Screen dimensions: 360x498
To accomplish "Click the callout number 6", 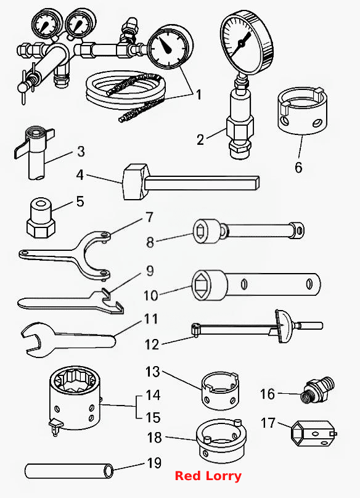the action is click(298, 167).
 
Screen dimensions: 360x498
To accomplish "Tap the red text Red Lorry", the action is click(208, 476).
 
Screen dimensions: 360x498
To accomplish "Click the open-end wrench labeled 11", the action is click(68, 340).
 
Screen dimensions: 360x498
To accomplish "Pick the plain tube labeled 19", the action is click(69, 470).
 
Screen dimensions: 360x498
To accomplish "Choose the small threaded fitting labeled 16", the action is click(317, 390).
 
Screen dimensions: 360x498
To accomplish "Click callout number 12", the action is click(152, 345).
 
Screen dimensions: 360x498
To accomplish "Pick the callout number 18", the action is click(155, 438).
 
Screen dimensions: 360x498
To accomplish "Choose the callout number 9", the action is click(150, 271).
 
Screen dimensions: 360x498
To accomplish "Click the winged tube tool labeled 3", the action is click(35, 152).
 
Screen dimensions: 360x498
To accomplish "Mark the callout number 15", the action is click(153, 417).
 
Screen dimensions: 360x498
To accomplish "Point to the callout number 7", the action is click(149, 217).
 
